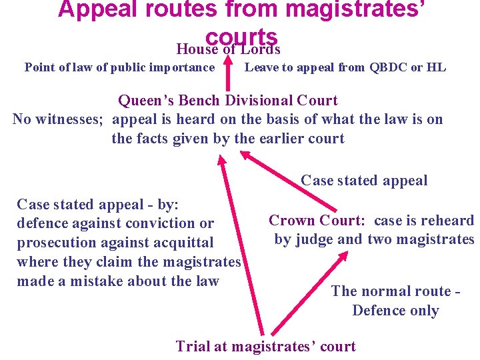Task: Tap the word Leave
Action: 259,67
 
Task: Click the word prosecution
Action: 57,243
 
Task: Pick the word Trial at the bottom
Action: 194,346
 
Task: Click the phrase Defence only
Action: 395,311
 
